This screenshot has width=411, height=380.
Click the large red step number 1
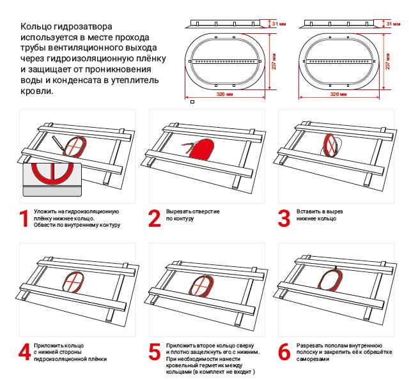coord(24,218)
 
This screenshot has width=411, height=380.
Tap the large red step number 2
coord(154,218)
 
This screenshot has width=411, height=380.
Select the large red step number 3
coord(284,218)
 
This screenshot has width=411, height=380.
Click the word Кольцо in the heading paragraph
coord(37,27)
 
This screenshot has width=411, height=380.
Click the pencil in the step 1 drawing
coord(58,144)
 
